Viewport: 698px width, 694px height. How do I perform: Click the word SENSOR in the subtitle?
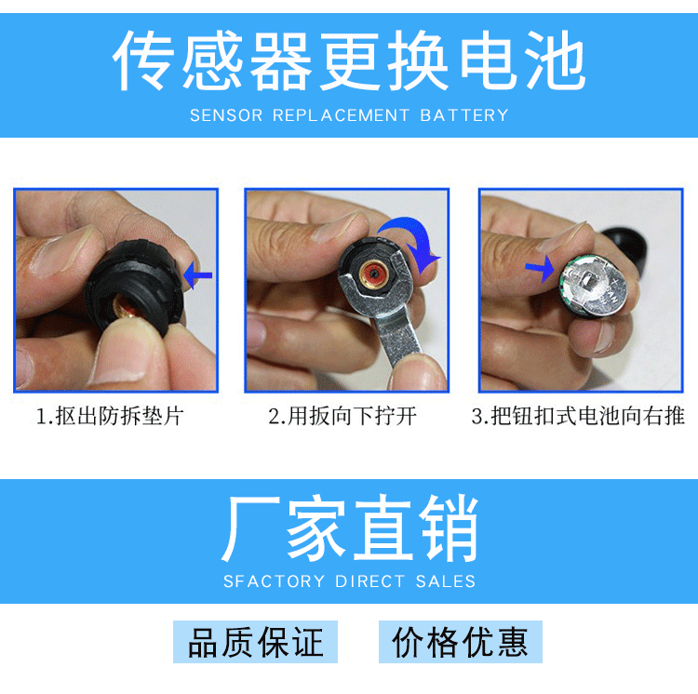226,115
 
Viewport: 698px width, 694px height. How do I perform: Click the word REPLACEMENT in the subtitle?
341,115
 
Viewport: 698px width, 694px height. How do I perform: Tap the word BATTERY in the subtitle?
463,115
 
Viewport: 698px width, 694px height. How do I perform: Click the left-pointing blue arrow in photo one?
197,275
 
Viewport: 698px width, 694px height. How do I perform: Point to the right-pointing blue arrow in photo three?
540,268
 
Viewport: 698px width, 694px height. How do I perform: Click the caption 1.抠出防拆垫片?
110,417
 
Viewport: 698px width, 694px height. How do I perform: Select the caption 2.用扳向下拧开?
342,417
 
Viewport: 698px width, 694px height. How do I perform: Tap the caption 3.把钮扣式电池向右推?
578,417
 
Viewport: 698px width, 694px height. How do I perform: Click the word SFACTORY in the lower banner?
275,581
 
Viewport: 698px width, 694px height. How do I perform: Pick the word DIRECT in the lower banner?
369,581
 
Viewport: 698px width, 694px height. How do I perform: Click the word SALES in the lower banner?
446,581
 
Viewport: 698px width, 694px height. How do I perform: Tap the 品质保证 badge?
255,642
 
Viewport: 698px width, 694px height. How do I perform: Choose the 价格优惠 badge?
461,642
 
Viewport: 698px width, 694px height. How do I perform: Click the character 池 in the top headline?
555,60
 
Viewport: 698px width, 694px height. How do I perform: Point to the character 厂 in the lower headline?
251,528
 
